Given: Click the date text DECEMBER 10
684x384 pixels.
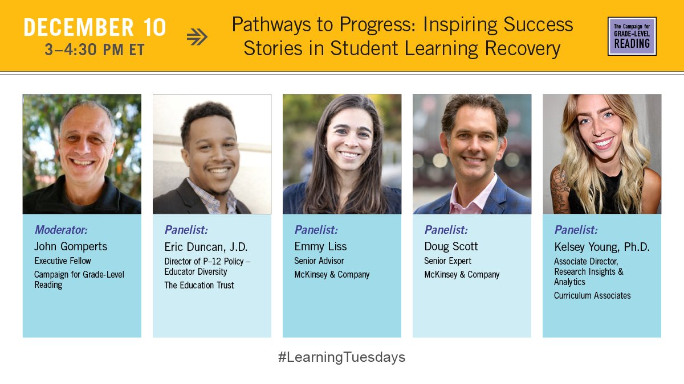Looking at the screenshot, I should point(95,27).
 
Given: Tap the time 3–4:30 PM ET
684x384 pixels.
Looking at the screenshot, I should point(95,50).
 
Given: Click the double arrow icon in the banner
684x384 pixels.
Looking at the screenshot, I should point(197,37).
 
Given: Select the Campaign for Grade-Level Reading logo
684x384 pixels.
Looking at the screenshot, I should point(632,36).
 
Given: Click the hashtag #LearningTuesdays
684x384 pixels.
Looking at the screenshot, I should point(341,357).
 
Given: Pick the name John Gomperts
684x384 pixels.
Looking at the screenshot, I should point(71,246).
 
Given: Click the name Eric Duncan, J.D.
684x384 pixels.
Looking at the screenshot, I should point(206,246).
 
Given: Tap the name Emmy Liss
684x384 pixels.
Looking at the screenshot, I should point(320,246).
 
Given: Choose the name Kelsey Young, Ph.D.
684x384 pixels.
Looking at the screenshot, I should point(602,247).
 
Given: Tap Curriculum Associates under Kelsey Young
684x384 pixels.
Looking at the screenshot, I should point(592,295).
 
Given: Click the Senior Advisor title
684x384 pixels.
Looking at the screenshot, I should point(319,261).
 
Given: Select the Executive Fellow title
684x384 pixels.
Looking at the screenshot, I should point(63,261).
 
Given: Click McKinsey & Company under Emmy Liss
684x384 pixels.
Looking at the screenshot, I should point(332,274).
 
